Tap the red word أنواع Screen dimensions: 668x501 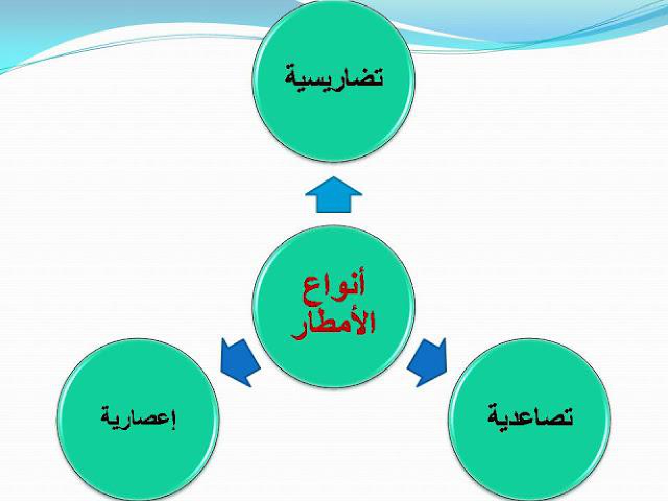pos(334,292)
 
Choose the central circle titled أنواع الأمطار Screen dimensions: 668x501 pos(333,306)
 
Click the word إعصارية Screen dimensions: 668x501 pos(139,417)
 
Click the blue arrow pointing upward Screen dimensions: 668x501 pos(334,195)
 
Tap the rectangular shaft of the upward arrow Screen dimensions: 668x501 pos(334,204)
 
